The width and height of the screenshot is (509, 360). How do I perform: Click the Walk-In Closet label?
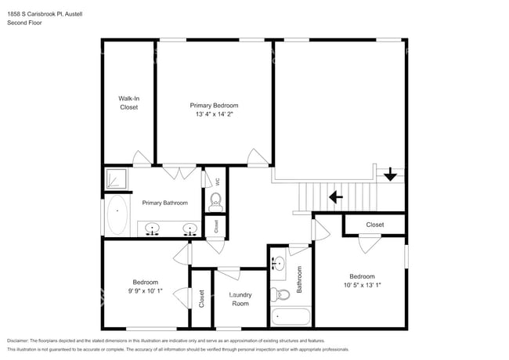tap(128, 103)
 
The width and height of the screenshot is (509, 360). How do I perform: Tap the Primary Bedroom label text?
tap(214, 105)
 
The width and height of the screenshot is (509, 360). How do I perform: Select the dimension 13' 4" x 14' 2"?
tap(214, 114)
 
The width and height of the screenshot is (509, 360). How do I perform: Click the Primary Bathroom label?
tap(164, 203)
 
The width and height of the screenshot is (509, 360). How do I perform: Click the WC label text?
tap(218, 182)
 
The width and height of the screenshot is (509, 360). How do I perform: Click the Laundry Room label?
tap(239, 298)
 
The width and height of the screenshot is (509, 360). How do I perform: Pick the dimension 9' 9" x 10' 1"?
tap(145, 291)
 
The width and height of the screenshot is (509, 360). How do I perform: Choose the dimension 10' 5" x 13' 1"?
tap(361, 285)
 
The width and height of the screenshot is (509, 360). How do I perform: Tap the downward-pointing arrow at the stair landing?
tap(390, 175)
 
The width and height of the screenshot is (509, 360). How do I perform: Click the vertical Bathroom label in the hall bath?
tap(299, 279)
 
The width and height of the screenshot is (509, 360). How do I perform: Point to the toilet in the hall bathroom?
tap(280, 294)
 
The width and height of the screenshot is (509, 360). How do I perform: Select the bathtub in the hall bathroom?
tap(290, 317)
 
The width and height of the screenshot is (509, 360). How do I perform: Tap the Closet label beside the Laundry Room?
tap(201, 298)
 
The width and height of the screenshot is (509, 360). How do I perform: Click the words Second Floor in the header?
tap(24, 23)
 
